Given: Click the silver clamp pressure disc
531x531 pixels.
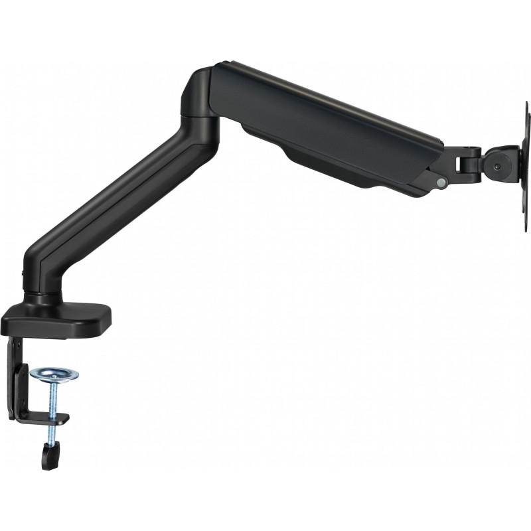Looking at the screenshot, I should coord(54,374).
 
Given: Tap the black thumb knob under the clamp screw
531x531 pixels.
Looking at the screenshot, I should coord(48,457).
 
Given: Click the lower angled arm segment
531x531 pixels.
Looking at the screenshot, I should coord(126,192).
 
